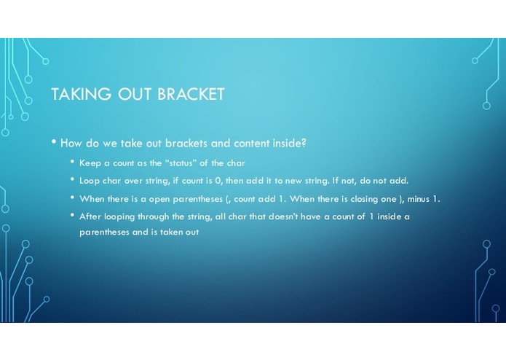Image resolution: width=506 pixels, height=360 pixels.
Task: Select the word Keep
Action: (x=90, y=163)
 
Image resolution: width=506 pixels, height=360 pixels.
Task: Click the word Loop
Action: (x=90, y=181)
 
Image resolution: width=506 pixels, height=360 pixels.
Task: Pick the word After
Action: (x=90, y=216)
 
